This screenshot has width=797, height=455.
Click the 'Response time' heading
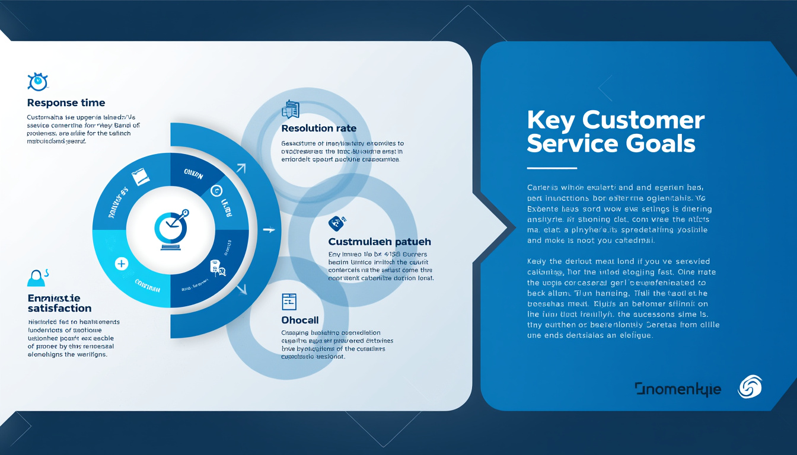pos(66,102)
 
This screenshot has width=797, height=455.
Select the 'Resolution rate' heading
pos(319,129)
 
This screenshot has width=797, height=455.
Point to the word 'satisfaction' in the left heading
pos(59,308)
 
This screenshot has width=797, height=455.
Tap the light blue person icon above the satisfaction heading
pos(36,277)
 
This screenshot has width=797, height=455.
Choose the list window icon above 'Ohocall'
pos(289,302)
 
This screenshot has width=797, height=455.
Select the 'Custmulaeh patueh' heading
pos(380,242)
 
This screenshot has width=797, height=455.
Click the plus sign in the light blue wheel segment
pos(121,263)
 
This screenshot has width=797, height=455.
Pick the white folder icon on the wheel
pos(139,177)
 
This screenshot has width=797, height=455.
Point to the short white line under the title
pos(551,168)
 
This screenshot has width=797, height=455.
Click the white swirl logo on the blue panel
pos(750,387)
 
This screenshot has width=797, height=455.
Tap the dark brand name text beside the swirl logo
pos(678,389)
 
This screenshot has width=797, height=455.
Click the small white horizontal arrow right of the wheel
pos(269,229)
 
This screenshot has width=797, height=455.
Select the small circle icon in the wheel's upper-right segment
pos(215,191)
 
